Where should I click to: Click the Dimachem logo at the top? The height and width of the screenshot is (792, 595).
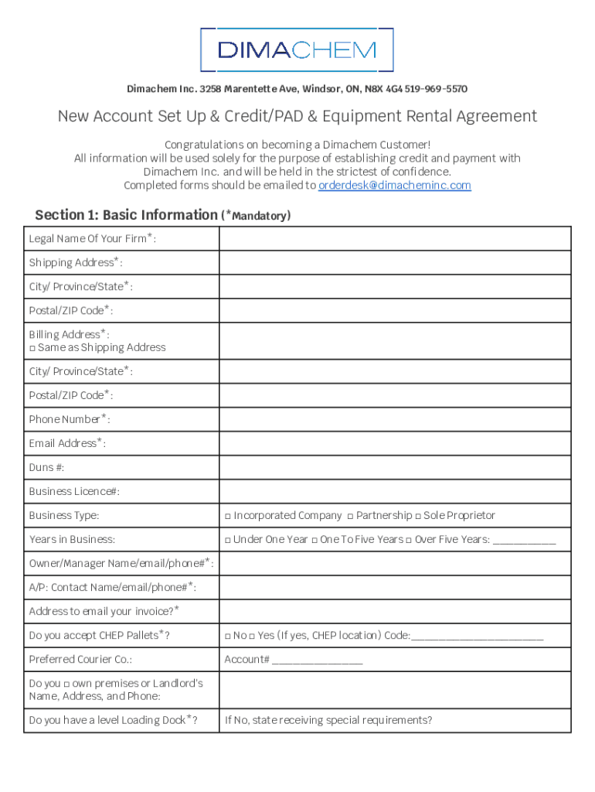pyautogui.click(x=297, y=50)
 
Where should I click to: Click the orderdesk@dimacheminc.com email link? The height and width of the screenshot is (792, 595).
pyautogui.click(x=394, y=186)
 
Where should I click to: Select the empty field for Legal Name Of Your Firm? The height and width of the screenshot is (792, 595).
pyautogui.click(x=395, y=239)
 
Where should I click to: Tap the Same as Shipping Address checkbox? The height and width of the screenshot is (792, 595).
pyautogui.click(x=32, y=348)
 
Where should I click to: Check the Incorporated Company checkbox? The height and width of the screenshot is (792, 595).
pyautogui.click(x=228, y=516)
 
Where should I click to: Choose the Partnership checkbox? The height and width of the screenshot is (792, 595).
pyautogui.click(x=350, y=516)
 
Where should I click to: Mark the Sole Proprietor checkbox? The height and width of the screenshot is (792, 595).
pyautogui.click(x=417, y=516)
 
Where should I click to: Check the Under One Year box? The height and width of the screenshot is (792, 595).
pyautogui.click(x=228, y=540)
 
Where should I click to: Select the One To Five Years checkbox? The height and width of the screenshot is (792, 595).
pyautogui.click(x=314, y=540)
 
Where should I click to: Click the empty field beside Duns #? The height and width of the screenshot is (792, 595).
pyautogui.click(x=395, y=467)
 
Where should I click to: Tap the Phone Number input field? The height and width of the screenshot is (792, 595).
pyautogui.click(x=395, y=419)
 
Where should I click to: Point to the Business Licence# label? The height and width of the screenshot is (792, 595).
pyautogui.click(x=74, y=492)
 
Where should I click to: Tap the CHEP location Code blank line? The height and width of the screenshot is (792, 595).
pyautogui.click(x=478, y=637)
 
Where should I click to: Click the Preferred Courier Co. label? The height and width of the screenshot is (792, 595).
pyautogui.click(x=80, y=660)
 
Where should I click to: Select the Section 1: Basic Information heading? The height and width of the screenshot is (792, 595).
pyautogui.click(x=127, y=215)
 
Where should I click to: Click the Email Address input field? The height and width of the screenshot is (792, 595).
pyautogui.click(x=395, y=443)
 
